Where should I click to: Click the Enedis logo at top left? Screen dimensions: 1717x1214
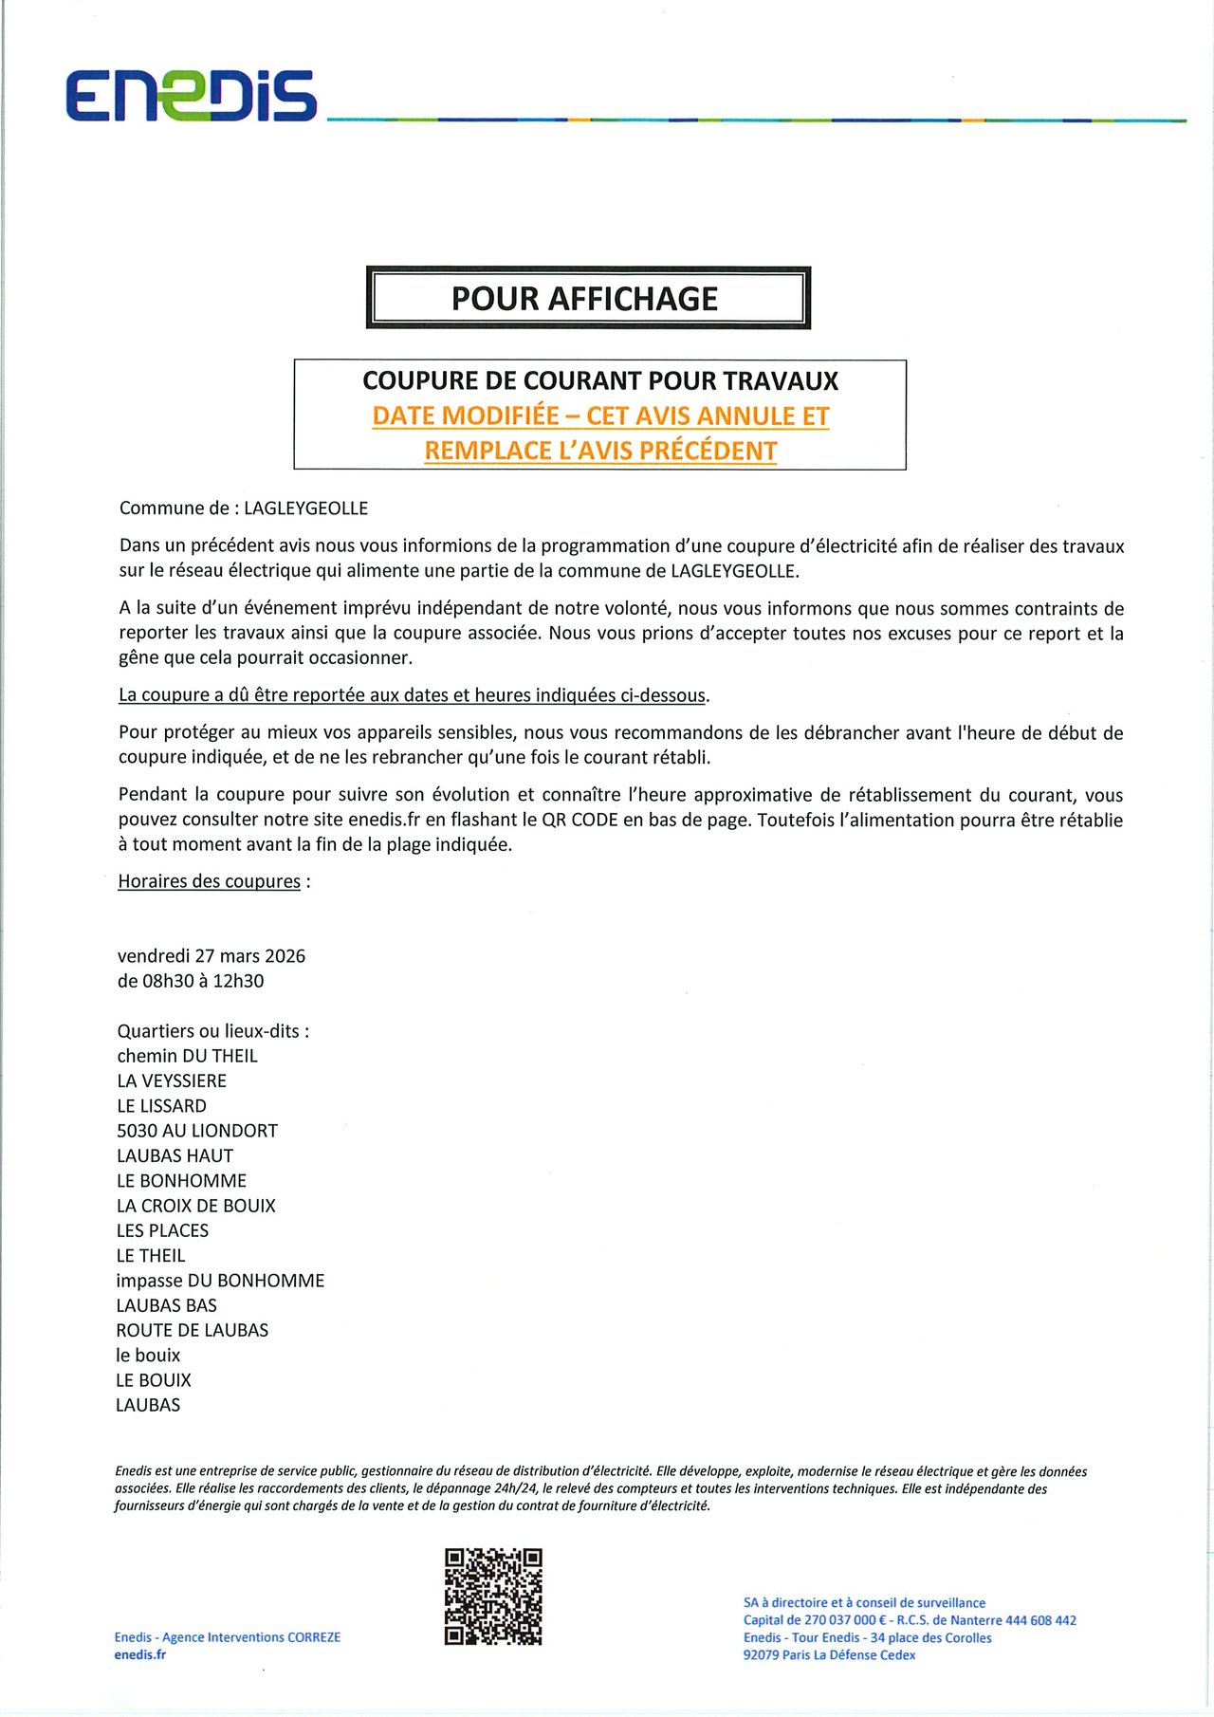pyautogui.click(x=191, y=96)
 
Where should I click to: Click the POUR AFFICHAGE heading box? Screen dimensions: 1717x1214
pyautogui.click(x=588, y=299)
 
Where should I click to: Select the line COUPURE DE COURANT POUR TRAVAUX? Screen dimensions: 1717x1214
pyautogui.click(x=600, y=381)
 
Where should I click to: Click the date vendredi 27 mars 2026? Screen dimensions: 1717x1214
pyautogui.click(x=212, y=956)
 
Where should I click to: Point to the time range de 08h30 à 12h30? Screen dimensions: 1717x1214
pyautogui.click(x=191, y=981)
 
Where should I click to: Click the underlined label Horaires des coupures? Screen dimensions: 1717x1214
pyautogui.click(x=209, y=881)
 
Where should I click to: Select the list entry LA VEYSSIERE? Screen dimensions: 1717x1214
pyautogui.click(x=172, y=1081)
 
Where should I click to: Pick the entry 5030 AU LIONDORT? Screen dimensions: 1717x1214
pyautogui.click(x=197, y=1131)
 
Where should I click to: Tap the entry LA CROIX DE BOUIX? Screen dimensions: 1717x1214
pyautogui.click(x=195, y=1206)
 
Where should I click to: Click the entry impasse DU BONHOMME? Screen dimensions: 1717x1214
pyautogui.click(x=220, y=1281)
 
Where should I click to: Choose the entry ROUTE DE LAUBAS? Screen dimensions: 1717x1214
pyautogui.click(x=193, y=1331)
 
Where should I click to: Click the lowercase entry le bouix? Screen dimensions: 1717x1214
pyautogui.click(x=148, y=1356)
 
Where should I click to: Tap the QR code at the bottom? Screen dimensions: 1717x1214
pyautogui.click(x=493, y=1597)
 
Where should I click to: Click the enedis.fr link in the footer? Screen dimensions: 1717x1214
pyautogui.click(x=140, y=1654)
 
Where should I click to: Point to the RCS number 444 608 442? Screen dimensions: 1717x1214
pyautogui.click(x=1040, y=1620)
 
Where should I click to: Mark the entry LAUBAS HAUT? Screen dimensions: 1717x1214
pyautogui.click(x=175, y=1155)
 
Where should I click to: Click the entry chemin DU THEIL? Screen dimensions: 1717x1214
pyautogui.click(x=187, y=1056)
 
